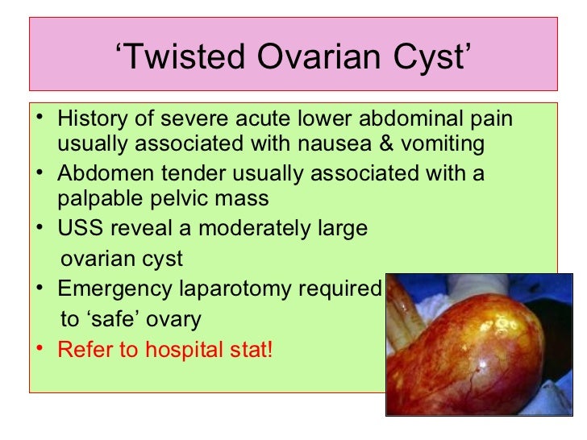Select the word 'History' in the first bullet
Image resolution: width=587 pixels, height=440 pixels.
[89, 120]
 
